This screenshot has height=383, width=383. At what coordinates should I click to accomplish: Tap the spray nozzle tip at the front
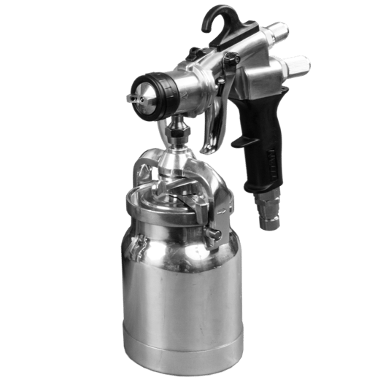click(x=134, y=96)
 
